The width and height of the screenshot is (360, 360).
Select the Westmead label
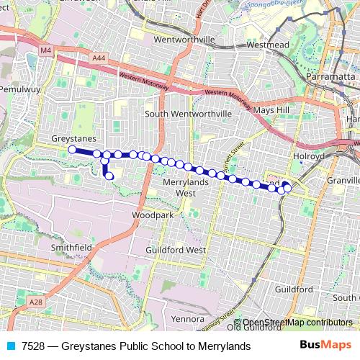point(267,44)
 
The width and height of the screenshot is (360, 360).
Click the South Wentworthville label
point(188,114)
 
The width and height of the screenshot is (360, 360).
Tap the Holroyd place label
point(310,155)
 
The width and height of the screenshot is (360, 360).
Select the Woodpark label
point(153,215)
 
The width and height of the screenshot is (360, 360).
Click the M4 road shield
point(47,50)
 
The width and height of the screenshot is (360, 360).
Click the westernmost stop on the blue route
point(72,150)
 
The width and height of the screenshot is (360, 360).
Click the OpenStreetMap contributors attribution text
point(296,323)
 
